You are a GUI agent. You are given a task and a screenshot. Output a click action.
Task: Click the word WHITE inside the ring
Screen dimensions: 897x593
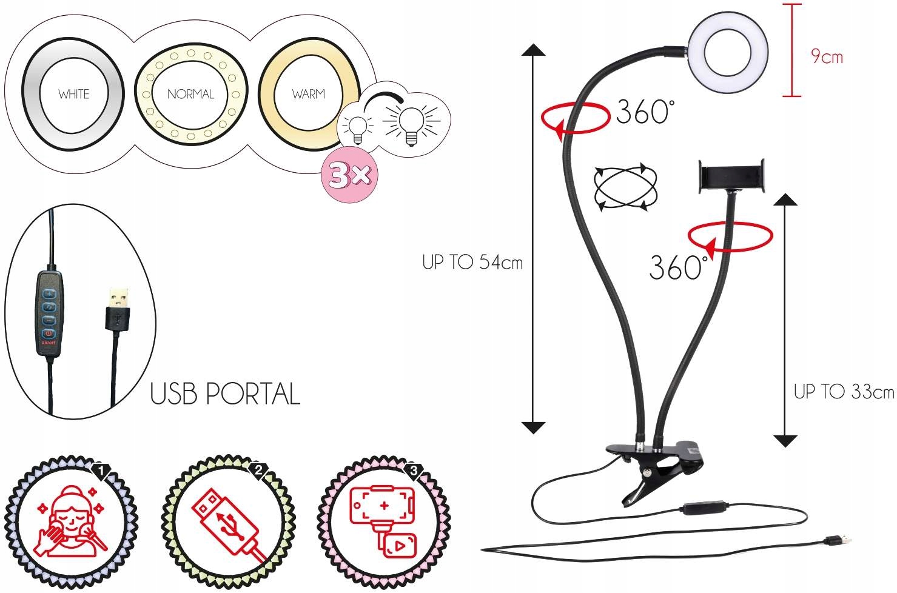click(x=73, y=94)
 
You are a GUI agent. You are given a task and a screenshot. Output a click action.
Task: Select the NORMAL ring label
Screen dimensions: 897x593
click(x=190, y=94)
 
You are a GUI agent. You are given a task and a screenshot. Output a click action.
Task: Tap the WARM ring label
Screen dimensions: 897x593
click(x=308, y=94)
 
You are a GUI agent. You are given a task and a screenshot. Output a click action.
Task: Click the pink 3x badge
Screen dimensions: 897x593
click(x=349, y=175)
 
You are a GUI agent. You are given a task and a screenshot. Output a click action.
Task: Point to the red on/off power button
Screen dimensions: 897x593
click(x=47, y=333)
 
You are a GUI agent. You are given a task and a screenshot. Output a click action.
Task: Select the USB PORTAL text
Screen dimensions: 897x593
click(x=225, y=394)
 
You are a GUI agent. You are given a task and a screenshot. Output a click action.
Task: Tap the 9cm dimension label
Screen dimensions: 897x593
click(x=827, y=57)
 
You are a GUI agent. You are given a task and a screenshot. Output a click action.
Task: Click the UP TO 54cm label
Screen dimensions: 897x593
click(x=472, y=263)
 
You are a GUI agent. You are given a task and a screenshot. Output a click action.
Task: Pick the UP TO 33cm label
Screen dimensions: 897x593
click(x=844, y=392)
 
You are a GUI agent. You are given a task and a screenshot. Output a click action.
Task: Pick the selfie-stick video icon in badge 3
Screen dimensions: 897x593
click(x=383, y=521)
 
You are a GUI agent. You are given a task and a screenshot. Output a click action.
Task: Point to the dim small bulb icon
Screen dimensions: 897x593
click(x=357, y=127)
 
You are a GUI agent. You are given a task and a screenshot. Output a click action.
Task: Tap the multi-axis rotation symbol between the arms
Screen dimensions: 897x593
click(x=626, y=187)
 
